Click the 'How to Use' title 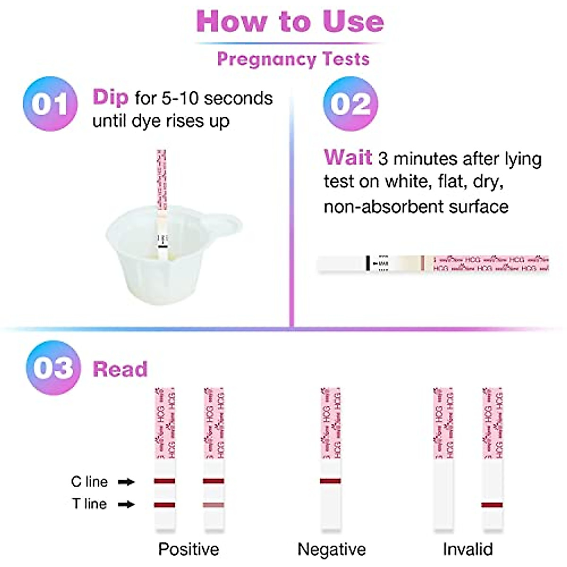(290, 22)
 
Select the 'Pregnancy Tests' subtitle (293, 59)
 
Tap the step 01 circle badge (50, 104)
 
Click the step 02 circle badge (350, 104)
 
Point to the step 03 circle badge (53, 368)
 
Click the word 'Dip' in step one (110, 97)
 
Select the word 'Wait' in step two (347, 157)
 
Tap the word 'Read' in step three (120, 369)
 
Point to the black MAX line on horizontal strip (368, 263)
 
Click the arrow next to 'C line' (126, 482)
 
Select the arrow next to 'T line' (126, 504)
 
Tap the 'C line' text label (89, 481)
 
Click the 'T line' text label (89, 504)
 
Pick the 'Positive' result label (189, 549)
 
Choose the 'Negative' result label (331, 549)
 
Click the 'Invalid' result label (467, 549)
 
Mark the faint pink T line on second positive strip (214, 505)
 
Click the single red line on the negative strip (330, 481)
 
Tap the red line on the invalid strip (492, 505)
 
